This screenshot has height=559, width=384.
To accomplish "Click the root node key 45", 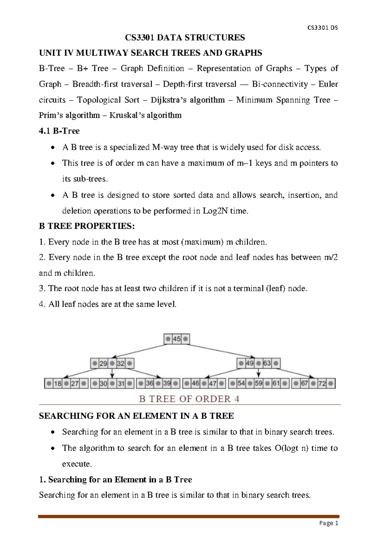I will (177, 339).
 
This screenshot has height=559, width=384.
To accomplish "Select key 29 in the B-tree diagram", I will (103, 363).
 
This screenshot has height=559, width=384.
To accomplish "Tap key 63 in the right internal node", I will (267, 363).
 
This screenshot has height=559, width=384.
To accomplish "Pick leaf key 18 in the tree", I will (58, 383).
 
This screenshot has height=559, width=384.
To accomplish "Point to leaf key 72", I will (322, 383).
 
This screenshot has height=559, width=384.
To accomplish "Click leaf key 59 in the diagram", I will (259, 383).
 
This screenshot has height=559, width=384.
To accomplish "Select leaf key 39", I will (167, 383).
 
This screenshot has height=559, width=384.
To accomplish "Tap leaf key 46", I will (195, 383).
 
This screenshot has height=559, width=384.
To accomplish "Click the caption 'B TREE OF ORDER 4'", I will (189, 399).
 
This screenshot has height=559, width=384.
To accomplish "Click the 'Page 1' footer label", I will (329, 523).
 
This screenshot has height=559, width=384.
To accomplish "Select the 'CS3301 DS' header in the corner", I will (322, 28).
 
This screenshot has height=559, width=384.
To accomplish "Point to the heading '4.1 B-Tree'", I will (59, 131).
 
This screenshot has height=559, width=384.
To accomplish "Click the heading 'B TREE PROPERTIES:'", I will (87, 226).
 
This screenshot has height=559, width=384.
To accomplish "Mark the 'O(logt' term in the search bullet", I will (287, 448).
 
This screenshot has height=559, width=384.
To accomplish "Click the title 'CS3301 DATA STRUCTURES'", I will (185, 38).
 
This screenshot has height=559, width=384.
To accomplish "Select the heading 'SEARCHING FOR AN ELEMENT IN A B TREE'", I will (136, 416).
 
